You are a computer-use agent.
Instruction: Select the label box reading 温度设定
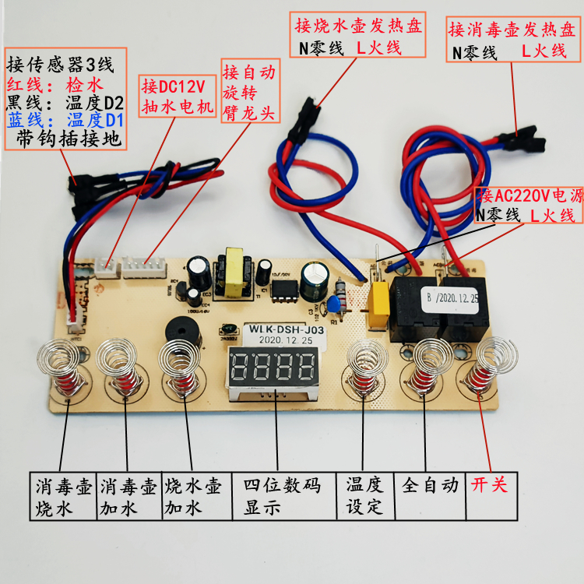(x=364, y=495)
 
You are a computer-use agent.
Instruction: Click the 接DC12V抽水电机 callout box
(x=177, y=96)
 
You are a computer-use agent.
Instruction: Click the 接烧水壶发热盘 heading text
(x=358, y=25)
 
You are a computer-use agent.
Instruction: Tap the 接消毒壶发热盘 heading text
(x=512, y=30)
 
